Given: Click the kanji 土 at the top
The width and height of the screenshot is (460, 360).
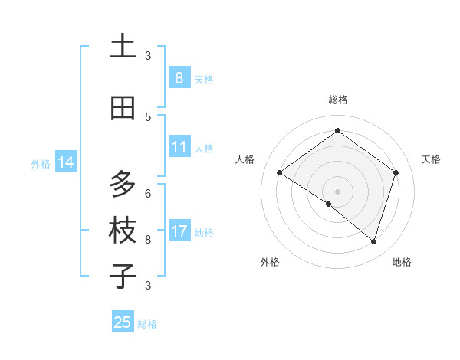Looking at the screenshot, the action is pyautogui.click(x=123, y=46).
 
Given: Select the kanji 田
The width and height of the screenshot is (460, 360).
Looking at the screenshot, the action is pyautogui.click(x=123, y=108).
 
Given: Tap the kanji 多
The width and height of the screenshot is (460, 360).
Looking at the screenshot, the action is pyautogui.click(x=123, y=185).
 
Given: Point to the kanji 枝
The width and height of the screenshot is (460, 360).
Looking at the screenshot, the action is pyautogui.click(x=123, y=231).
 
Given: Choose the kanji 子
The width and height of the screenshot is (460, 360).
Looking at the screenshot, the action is pyautogui.click(x=123, y=276).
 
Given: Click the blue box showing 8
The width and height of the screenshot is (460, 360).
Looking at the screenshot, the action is pyautogui.click(x=179, y=78).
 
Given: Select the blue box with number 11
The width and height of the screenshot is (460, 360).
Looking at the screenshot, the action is pyautogui.click(x=179, y=147).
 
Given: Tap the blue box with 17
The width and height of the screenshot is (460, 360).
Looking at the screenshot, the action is pyautogui.click(x=179, y=231).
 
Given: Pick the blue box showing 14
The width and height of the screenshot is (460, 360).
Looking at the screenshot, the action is pyautogui.click(x=66, y=162).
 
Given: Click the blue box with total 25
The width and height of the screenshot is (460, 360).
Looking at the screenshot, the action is pyautogui.click(x=123, y=322).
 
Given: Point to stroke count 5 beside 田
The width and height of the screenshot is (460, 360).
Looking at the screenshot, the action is pyautogui.click(x=148, y=116).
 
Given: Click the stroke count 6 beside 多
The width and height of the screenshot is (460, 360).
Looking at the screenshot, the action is pyautogui.click(x=148, y=193).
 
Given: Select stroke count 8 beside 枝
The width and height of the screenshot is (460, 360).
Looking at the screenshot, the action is pyautogui.click(x=148, y=239).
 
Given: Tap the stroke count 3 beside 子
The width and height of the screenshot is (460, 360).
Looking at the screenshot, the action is pyautogui.click(x=148, y=285).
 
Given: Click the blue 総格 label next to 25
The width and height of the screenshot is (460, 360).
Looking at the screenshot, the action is pyautogui.click(x=147, y=324).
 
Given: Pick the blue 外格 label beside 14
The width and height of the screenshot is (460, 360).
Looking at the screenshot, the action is pyautogui.click(x=41, y=163).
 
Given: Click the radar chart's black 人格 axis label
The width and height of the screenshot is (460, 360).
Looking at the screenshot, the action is pyautogui.click(x=245, y=159).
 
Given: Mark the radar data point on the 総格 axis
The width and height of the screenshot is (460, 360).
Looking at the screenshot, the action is pyautogui.click(x=337, y=131).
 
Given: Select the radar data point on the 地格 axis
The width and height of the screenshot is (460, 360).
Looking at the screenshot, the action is pyautogui.click(x=373, y=241).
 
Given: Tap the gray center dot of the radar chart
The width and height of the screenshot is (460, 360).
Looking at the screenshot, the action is pyautogui.click(x=337, y=191).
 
